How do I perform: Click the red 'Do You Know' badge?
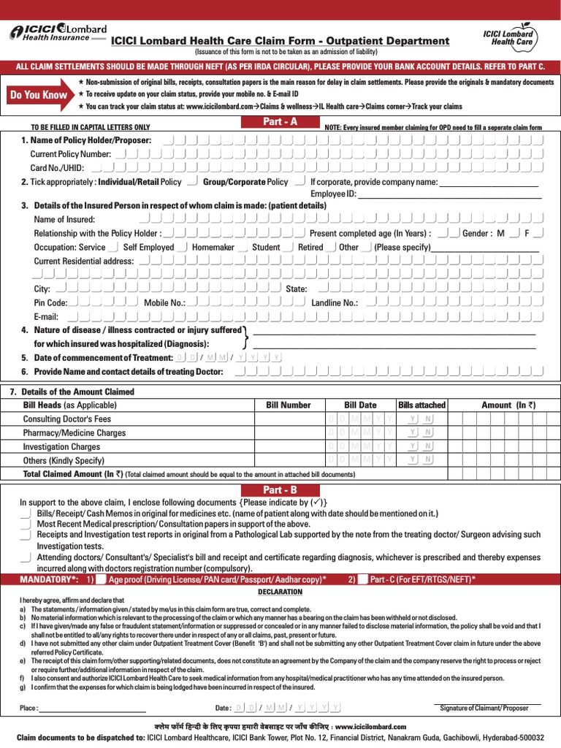[39, 94]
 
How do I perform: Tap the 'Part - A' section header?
[280, 122]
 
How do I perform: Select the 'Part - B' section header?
[280, 490]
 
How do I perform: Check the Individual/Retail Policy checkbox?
[191, 181]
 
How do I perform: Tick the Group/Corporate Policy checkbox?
[299, 181]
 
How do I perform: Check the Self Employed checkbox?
[182, 247]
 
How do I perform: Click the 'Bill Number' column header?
[288, 405]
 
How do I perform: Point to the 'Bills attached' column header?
[421, 405]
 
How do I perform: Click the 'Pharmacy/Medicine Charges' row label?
[74, 432]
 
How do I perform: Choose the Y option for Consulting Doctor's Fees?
[413, 419]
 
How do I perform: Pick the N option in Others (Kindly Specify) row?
[428, 459]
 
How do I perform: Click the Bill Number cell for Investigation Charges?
[288, 446]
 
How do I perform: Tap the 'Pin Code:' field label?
[50, 302]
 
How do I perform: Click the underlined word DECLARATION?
[280, 592]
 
